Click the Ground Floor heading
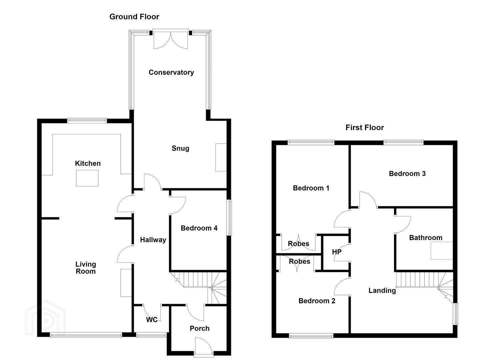[134, 17]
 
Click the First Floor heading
[365, 128]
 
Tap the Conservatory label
[171, 72]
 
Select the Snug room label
[180, 148]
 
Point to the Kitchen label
[88, 163]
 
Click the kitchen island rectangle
[87, 178]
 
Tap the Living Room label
[86, 268]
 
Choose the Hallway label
[153, 240]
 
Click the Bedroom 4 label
[199, 228]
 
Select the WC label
[152, 320]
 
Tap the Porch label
[200, 328]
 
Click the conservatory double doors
[171, 40]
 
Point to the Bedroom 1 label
[311, 188]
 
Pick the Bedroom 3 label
[407, 173]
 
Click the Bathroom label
[426, 238]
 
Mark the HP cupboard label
[337, 252]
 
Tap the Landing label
[382, 291]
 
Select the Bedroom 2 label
[317, 301]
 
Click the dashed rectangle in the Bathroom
[442, 251]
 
